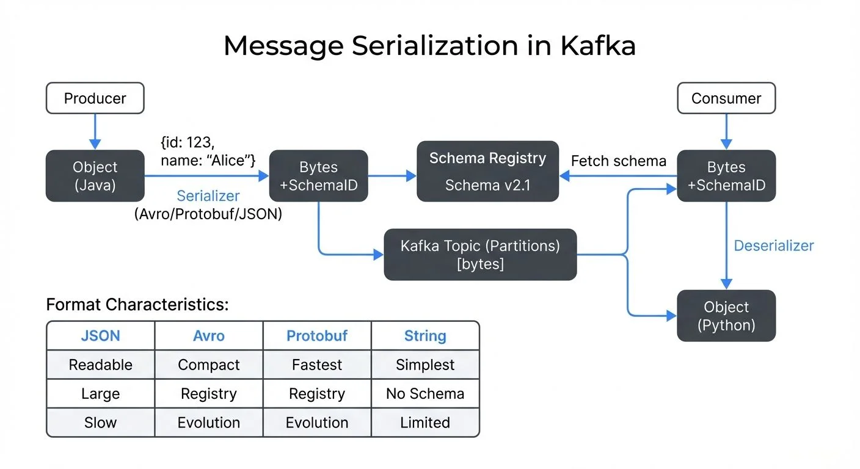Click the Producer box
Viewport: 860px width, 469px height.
point(95,98)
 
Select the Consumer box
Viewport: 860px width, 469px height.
point(726,98)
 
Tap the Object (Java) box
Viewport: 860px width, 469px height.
point(95,176)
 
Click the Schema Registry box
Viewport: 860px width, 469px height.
point(487,172)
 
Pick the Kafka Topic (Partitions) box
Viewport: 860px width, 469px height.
point(480,255)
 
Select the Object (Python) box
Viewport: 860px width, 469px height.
point(726,316)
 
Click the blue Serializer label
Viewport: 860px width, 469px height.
point(208,196)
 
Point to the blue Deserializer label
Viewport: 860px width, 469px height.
point(774,246)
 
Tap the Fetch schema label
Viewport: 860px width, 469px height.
point(618,161)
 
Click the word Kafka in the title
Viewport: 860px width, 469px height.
point(598,46)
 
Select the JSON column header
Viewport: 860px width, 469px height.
point(100,336)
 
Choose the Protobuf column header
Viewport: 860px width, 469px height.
point(317,336)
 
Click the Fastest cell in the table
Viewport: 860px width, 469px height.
point(317,365)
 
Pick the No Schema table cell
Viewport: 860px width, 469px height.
point(425,394)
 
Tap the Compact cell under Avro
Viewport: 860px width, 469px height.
point(208,365)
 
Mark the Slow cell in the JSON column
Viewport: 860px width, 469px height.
point(100,423)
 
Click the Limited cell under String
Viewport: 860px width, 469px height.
point(425,423)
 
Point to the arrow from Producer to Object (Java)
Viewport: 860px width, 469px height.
point(95,131)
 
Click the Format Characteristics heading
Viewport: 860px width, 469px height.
point(137,305)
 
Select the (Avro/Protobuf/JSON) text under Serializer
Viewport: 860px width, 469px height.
point(208,215)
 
